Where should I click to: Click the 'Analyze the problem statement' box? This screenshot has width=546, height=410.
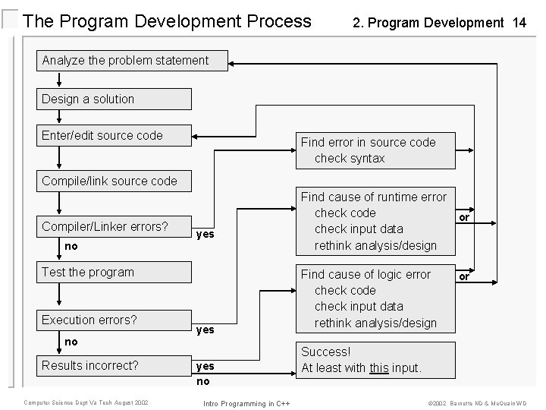click(x=133, y=61)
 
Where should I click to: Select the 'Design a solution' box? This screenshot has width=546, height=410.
click(x=115, y=99)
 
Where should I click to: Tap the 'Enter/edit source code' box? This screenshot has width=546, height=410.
click(x=115, y=136)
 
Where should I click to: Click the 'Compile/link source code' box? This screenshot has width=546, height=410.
click(x=115, y=181)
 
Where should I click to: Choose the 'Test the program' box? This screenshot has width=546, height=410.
click(x=115, y=273)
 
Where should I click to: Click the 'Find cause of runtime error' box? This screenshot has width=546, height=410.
click(x=374, y=221)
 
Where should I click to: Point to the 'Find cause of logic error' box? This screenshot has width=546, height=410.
click(x=374, y=298)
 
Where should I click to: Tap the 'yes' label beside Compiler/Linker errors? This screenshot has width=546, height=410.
click(x=205, y=235)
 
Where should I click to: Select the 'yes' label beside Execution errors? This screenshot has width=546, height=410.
click(x=205, y=330)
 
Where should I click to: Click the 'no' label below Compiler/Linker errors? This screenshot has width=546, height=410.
click(x=71, y=246)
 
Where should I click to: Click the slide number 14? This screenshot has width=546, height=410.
click(x=519, y=23)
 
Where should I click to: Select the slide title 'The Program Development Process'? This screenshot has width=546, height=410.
click(x=167, y=21)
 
